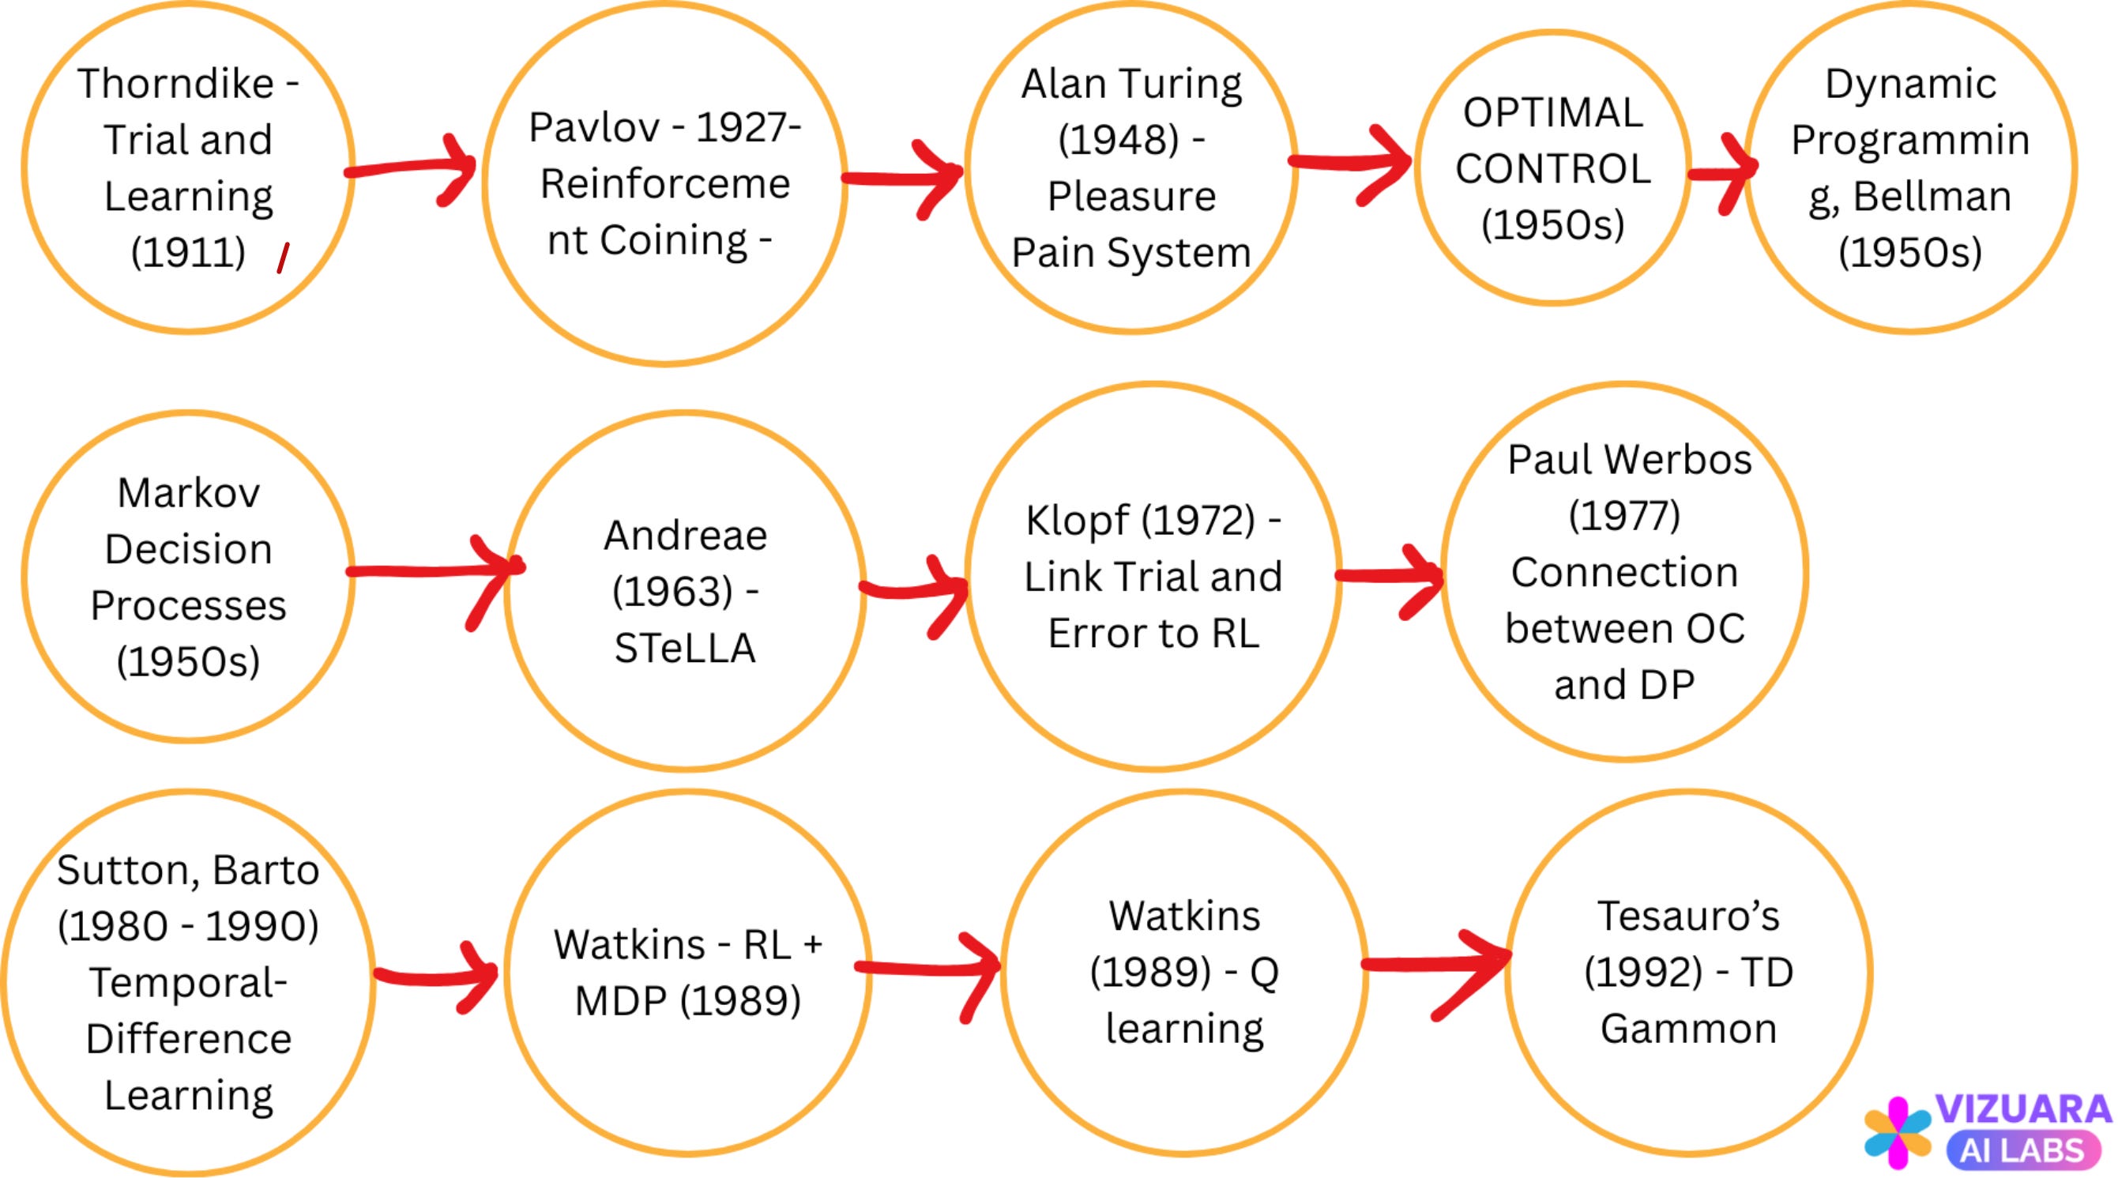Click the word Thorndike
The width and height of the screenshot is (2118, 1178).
click(175, 84)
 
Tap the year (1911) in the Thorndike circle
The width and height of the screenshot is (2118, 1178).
click(188, 251)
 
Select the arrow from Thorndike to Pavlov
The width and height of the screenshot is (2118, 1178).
click(411, 167)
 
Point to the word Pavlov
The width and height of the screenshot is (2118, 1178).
click(593, 127)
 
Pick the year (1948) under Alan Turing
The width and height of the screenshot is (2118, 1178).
click(1118, 140)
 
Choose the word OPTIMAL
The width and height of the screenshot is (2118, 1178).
click(1552, 113)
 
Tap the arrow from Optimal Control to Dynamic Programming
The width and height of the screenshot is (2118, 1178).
click(1721, 172)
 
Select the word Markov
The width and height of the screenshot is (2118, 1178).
click(188, 493)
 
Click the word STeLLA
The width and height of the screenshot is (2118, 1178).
click(685, 648)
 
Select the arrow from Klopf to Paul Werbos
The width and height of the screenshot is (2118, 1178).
click(1390, 577)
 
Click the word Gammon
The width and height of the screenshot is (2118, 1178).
click(1688, 1029)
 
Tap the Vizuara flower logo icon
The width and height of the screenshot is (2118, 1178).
click(1898, 1132)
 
